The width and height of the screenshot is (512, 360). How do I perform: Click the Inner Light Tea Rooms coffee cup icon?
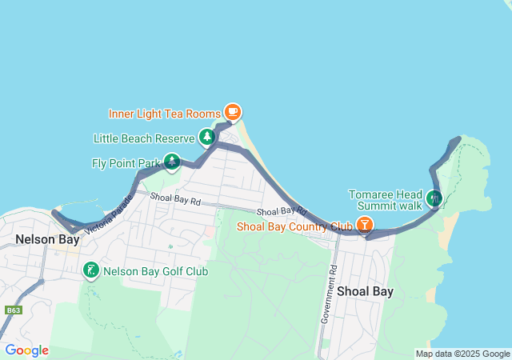tap(232, 111)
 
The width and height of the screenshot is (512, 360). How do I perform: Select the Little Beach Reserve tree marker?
tap(208, 138)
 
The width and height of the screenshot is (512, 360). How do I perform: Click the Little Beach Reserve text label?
tap(144, 138)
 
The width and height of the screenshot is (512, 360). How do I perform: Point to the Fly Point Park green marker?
tap(172, 162)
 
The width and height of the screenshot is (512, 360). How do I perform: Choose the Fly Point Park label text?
tap(126, 164)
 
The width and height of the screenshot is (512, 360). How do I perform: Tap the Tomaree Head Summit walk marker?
tap(434, 197)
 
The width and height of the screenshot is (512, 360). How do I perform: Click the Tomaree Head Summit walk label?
tap(386, 200)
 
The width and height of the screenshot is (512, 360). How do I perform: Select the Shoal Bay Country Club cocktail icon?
tap(364, 226)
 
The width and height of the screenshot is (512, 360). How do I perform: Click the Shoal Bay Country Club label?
tap(294, 227)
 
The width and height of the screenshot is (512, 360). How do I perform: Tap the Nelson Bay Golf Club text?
tap(156, 272)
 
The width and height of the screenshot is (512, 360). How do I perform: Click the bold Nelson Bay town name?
tap(47, 239)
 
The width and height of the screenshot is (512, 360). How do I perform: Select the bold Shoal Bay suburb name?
tap(365, 291)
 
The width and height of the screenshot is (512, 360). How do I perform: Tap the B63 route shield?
tap(12, 310)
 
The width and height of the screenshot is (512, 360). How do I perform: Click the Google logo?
tap(26, 350)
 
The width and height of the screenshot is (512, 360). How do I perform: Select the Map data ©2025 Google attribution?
tap(462, 354)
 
